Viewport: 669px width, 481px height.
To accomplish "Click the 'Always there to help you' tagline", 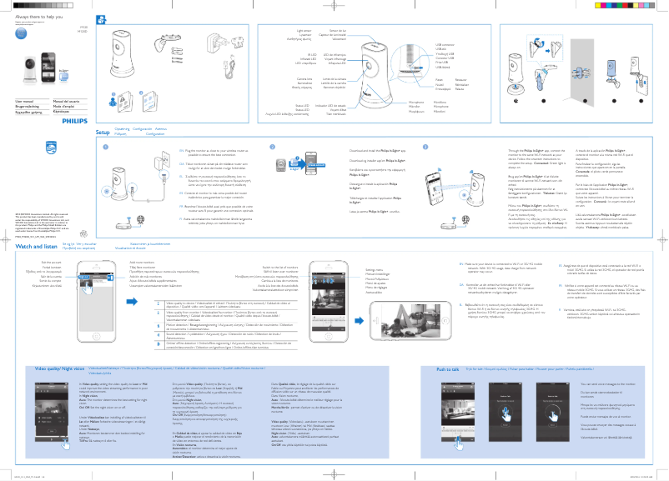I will click(39, 17).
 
